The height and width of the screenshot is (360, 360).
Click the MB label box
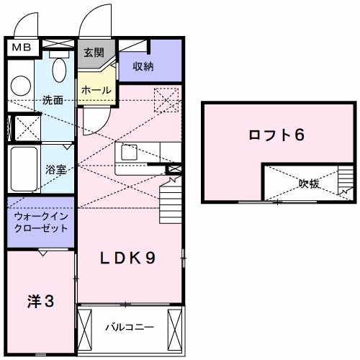click(x=20, y=47)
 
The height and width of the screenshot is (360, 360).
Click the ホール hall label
click(x=96, y=91)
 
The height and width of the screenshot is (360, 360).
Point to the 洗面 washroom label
click(x=52, y=101)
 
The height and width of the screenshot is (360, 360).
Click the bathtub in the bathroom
click(x=24, y=168)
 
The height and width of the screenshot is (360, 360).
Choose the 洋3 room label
click(x=41, y=302)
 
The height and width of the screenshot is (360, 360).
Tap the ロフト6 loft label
click(x=273, y=135)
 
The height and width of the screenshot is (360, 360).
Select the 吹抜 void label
click(x=309, y=184)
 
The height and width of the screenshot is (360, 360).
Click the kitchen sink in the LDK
click(x=130, y=153)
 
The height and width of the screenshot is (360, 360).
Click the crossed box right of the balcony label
click(x=174, y=328)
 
